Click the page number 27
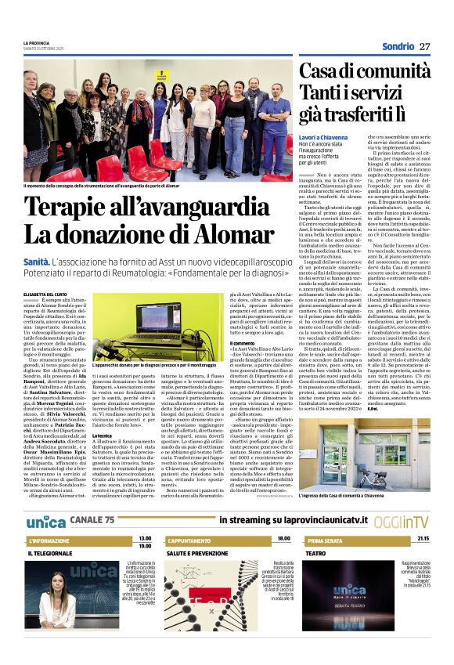(425, 46)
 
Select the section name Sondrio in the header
(398, 46)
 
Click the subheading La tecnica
(102, 413)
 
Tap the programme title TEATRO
(315, 554)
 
